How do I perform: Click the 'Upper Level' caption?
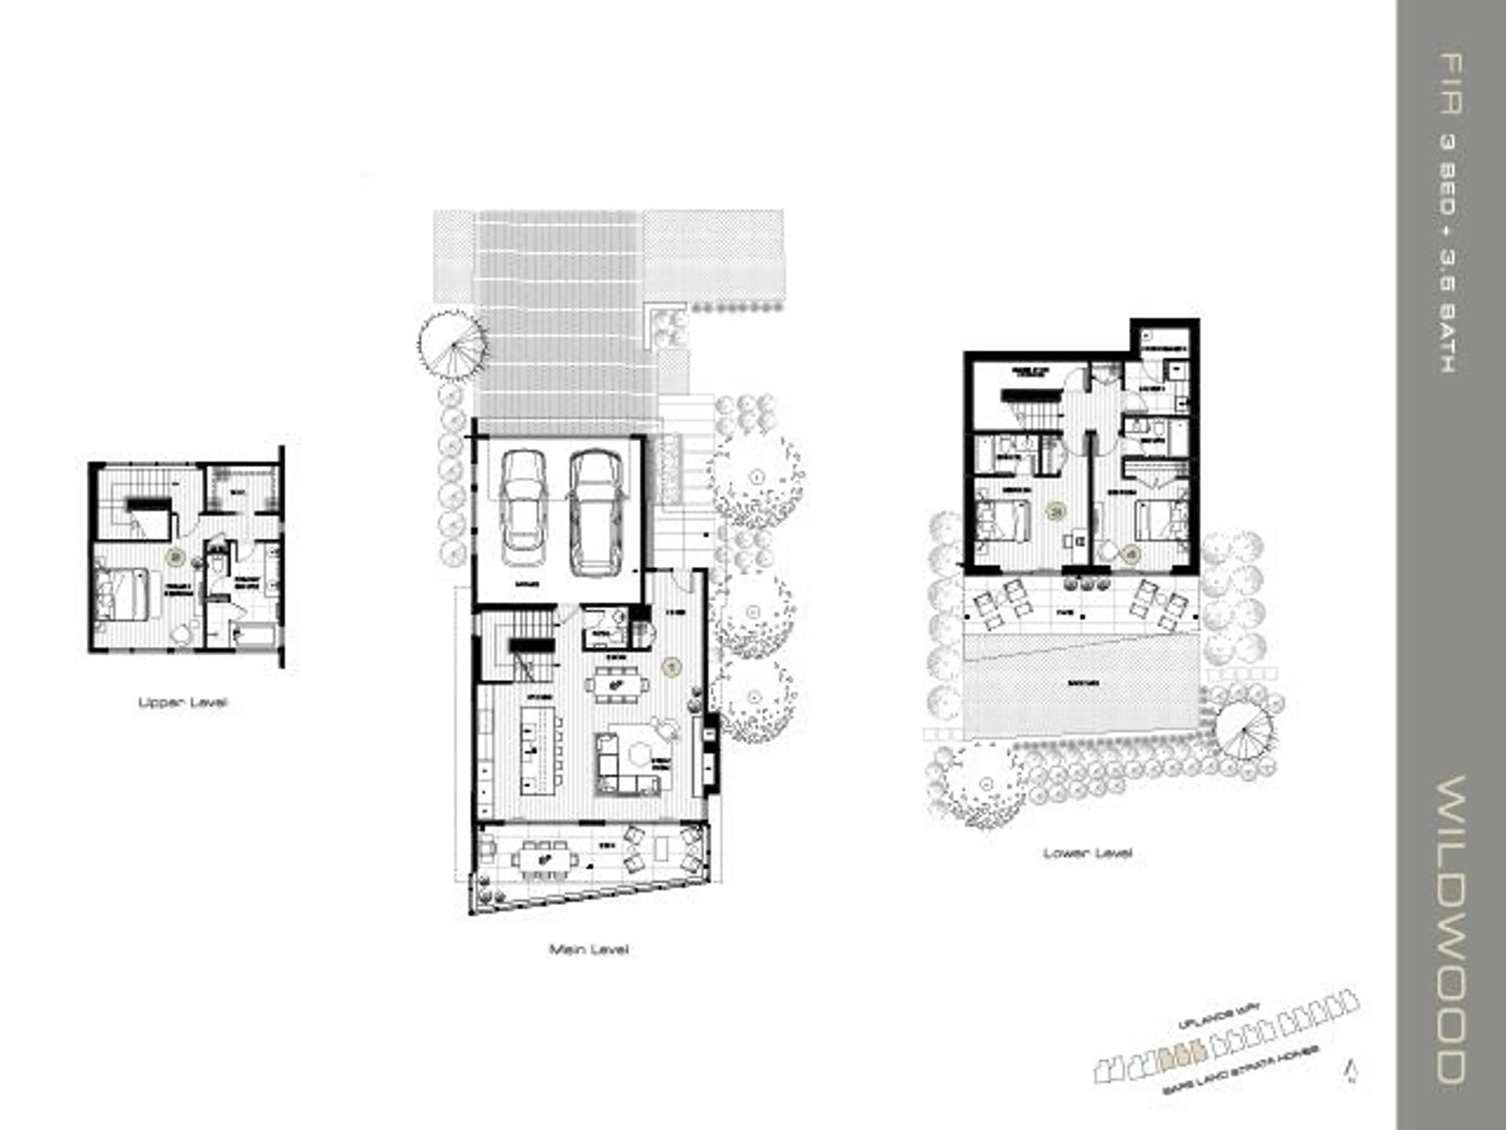tap(182, 702)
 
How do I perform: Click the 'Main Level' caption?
tap(589, 949)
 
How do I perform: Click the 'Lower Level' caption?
tap(1087, 853)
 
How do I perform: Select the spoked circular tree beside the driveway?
tap(453, 344)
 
